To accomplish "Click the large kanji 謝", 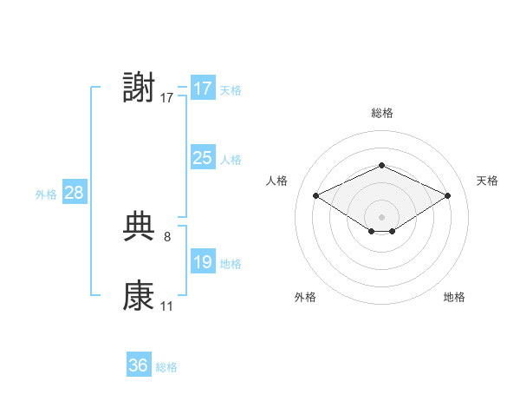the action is tap(139, 87).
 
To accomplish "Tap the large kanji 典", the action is tap(139, 227).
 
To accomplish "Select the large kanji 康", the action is tap(139, 295).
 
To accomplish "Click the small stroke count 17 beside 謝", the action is tap(166, 98).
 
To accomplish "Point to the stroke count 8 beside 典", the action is tap(167, 237).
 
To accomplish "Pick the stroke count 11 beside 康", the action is tap(166, 306).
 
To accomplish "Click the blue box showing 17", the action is tap(203, 88).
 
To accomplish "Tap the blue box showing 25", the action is tap(203, 157).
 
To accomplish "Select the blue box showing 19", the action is tap(203, 260).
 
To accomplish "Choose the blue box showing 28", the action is tap(75, 191).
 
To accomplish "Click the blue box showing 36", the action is tap(139, 364).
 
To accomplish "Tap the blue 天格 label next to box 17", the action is tap(231, 90).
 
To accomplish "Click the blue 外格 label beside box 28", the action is tap(46, 194).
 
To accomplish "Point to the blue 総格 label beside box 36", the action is tap(166, 367).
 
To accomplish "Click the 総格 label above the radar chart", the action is tap(382, 113).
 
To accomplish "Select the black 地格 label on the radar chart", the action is tap(454, 297).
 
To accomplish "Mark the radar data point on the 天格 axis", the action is tap(447, 195).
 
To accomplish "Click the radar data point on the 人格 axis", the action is tap(316, 195).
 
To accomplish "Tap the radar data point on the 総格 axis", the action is tap(381, 165).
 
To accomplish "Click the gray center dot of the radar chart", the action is tap(381, 217).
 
